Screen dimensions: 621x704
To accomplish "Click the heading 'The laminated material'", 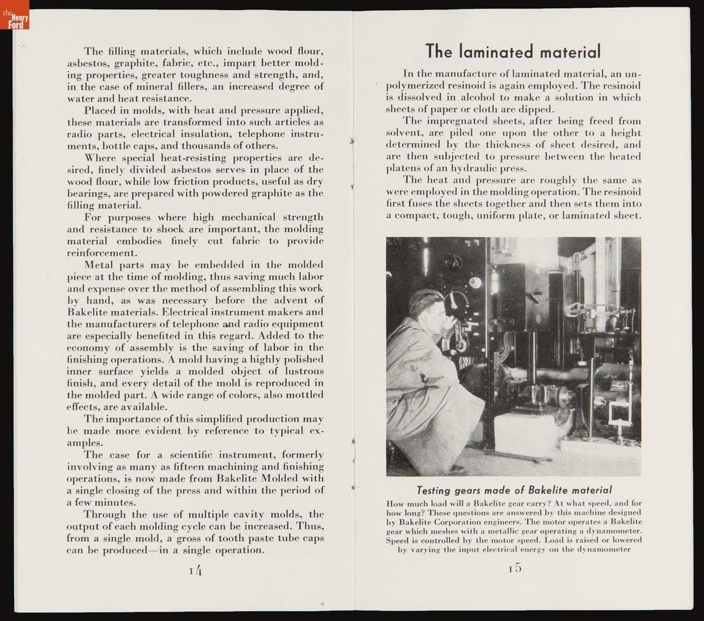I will pos(513,51).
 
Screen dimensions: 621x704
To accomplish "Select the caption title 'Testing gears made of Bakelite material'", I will pos(514,490).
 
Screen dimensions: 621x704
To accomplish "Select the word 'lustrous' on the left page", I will pos(304,371).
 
